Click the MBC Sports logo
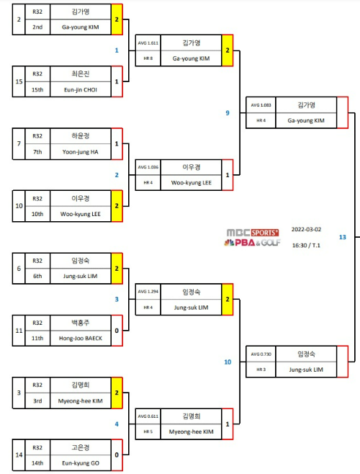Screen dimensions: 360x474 [253, 237]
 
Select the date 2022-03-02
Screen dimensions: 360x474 [306, 230]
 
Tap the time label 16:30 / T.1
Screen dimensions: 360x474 [306, 245]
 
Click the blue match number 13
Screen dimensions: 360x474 [342, 237]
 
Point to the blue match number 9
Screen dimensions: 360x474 [228, 113]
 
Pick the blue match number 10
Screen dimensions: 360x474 [228, 362]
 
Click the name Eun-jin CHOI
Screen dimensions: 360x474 [81, 90]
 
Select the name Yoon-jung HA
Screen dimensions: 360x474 [81, 152]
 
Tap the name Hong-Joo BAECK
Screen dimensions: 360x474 [81, 339]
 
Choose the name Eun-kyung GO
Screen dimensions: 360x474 [81, 462]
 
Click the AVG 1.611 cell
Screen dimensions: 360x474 [148, 43]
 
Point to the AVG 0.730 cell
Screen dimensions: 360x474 [261, 354]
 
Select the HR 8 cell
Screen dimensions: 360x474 [148, 58]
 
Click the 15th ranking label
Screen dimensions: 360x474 [37, 90]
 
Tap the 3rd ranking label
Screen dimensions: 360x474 [37, 401]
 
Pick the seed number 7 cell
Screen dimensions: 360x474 [19, 143]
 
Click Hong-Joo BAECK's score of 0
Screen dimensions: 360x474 [117, 331]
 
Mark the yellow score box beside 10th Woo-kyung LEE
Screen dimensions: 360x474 [117, 206]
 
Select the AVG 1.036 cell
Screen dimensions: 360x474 [148, 167]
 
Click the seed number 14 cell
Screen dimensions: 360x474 [19, 455]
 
